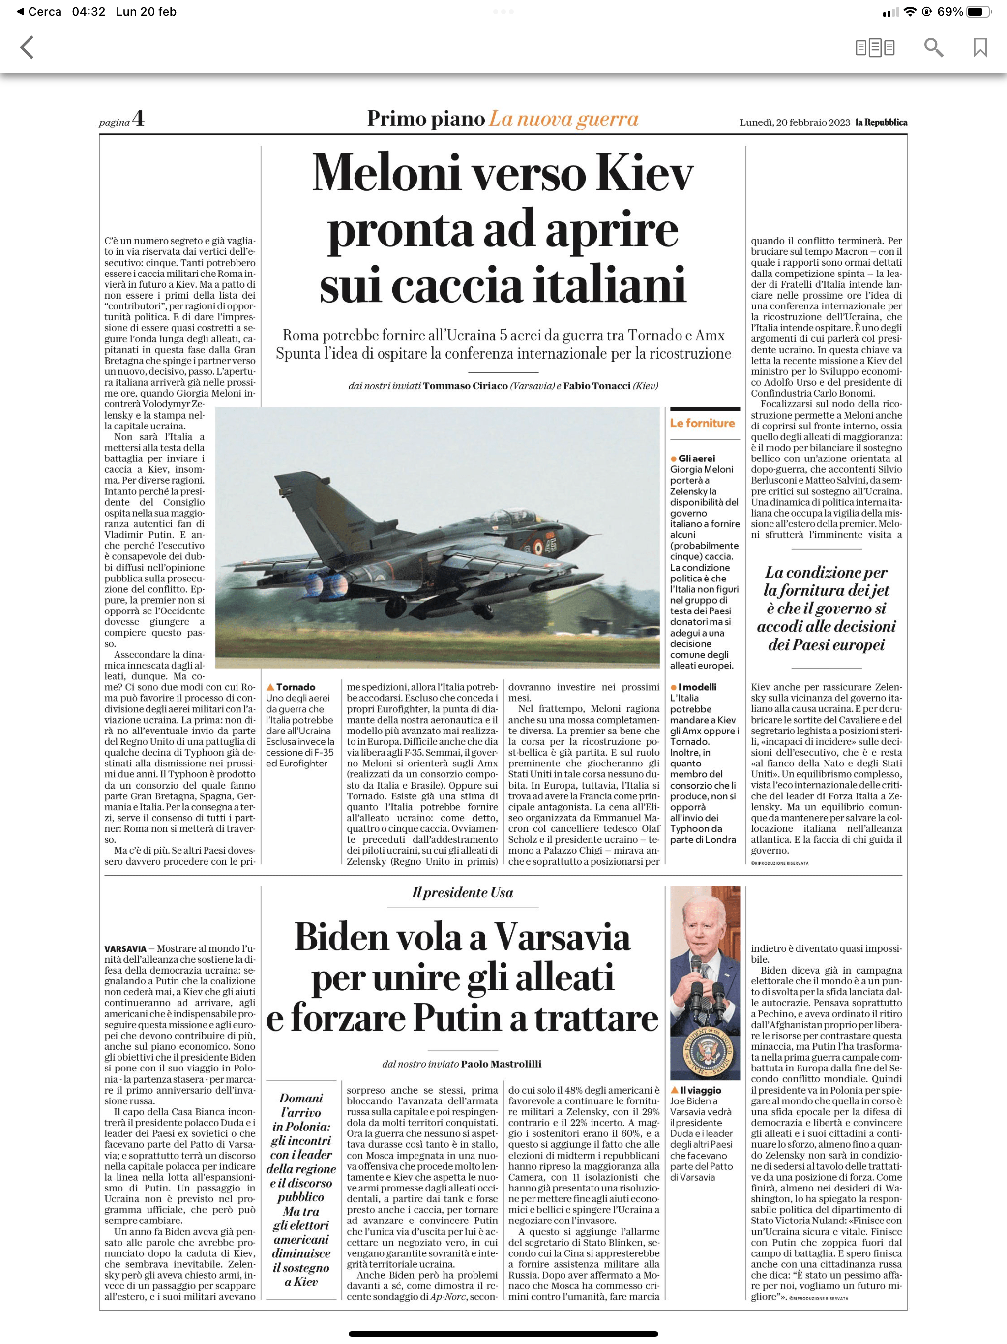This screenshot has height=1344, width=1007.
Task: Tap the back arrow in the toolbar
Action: coord(27,47)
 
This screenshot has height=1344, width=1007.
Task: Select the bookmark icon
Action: coord(979,47)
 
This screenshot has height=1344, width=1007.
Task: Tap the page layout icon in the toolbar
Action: coord(875,47)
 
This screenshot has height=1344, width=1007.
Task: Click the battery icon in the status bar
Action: coord(978,11)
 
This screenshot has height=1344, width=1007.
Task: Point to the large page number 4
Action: coord(139,118)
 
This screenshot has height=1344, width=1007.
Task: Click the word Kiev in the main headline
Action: coord(645,173)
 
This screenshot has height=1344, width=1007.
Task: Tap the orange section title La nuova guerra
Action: coord(563,119)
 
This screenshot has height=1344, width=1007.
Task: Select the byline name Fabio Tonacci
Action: coord(596,386)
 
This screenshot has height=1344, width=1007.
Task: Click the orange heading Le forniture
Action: coord(702,423)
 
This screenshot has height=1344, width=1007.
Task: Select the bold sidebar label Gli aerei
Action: coord(697,458)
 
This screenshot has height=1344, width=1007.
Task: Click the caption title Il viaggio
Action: coord(700,1090)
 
